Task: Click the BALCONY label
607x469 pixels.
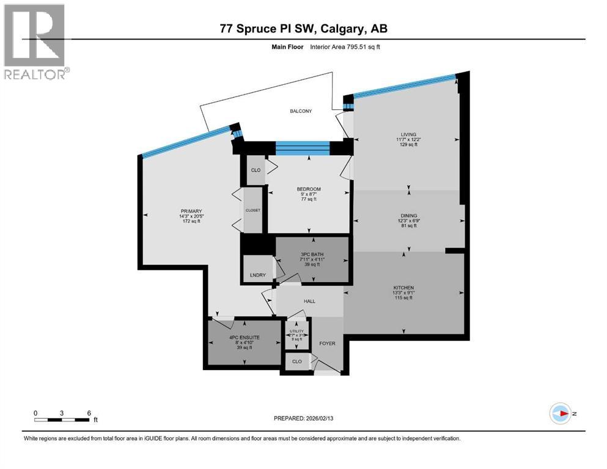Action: (300, 111)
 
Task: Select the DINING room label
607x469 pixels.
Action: (409, 216)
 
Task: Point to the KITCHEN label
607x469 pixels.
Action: (403, 288)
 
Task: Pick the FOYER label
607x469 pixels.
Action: (327, 343)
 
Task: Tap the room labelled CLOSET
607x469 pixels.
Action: (252, 210)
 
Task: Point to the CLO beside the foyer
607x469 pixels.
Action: (297, 362)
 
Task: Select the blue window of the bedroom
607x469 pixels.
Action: (302, 148)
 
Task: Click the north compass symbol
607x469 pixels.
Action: (561, 413)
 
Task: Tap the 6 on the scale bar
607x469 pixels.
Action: (89, 413)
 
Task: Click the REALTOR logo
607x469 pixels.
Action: (36, 42)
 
